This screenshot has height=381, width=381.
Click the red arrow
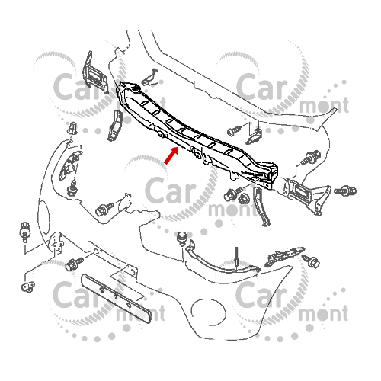pos(171,155)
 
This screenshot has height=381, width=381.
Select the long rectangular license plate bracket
pos(116,298)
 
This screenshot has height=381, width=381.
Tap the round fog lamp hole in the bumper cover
pos(208,312)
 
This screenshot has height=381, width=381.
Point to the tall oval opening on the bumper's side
pos(45,217)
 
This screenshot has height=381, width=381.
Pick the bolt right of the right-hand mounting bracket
pos(345,190)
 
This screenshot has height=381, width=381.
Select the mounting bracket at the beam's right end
pos(307,195)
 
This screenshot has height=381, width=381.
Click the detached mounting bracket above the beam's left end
pos(94,74)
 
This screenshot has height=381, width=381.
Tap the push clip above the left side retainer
pos(72,129)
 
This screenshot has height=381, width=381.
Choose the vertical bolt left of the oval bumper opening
pos(25,232)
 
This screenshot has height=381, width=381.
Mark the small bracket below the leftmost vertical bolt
pos(28,287)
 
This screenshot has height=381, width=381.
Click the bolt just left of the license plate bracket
pos(74,264)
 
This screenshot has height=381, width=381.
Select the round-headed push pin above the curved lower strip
pos(182,239)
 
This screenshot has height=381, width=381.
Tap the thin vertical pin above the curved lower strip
pos(236,257)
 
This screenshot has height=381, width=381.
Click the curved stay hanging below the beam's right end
pos(262,207)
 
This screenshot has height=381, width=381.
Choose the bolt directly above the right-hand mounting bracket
pos(310,157)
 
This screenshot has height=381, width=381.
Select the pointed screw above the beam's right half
pos(234,131)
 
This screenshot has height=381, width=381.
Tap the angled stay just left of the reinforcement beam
pos(115,126)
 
